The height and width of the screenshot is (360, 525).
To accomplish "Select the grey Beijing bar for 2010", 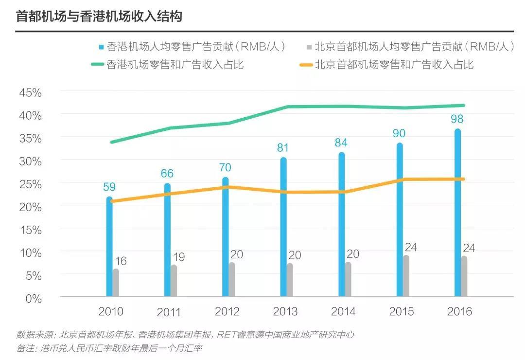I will (x=116, y=283).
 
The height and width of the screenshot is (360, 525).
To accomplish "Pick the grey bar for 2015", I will (x=406, y=276).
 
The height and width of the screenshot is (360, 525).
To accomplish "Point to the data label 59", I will (x=109, y=187).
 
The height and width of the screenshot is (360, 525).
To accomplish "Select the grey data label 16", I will (x=121, y=261).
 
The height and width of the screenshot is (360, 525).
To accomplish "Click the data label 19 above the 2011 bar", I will (x=179, y=257).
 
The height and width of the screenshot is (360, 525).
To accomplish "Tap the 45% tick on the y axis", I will (x=30, y=92).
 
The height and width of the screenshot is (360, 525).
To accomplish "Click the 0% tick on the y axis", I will (x=33, y=298).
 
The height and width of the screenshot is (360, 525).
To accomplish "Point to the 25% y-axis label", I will (x=30, y=183).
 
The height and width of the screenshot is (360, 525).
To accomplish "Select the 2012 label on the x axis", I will (x=227, y=311).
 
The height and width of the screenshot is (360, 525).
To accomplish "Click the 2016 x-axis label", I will (x=459, y=311).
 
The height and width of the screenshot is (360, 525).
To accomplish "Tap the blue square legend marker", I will (x=101, y=47).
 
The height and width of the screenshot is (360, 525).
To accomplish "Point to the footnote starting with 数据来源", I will (x=185, y=335).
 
